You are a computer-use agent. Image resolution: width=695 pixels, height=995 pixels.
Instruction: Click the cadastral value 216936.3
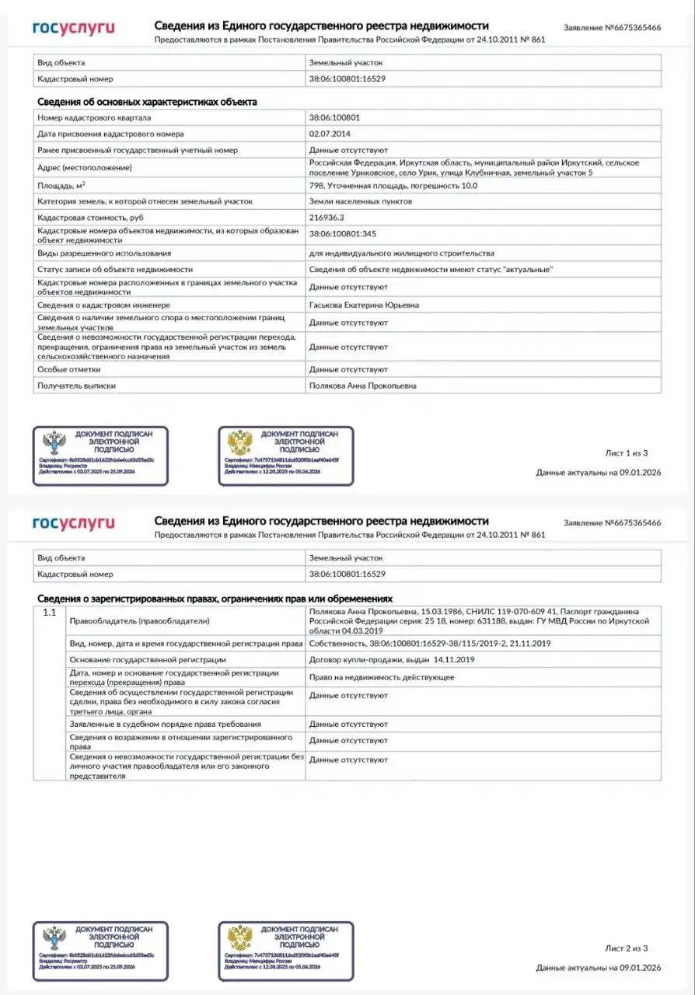pyautogui.click(x=326, y=218)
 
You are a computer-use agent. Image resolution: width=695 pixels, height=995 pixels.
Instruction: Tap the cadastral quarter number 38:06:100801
pyautogui.click(x=334, y=117)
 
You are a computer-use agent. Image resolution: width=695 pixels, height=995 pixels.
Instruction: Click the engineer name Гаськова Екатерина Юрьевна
pyautogui.click(x=364, y=305)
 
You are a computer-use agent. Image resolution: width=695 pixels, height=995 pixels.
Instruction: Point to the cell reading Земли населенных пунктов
pyautogui.click(x=361, y=201)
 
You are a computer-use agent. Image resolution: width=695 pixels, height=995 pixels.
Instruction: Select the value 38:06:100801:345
pyautogui.click(x=343, y=234)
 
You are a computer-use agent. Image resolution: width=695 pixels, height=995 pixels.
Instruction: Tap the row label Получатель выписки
pyautogui.click(x=76, y=386)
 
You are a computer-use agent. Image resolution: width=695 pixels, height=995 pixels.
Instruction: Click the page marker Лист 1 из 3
pyautogui.click(x=626, y=452)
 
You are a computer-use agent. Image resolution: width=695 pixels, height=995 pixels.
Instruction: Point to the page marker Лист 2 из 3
pyautogui.click(x=626, y=948)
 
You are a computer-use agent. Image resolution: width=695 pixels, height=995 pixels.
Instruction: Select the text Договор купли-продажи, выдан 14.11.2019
pyautogui.click(x=392, y=659)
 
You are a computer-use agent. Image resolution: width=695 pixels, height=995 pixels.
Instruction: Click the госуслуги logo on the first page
pyautogui.click(x=73, y=28)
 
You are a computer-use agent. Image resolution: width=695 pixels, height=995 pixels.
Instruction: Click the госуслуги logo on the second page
pyautogui.click(x=73, y=523)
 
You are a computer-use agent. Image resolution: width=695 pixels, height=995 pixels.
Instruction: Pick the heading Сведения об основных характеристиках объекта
pyautogui.click(x=147, y=102)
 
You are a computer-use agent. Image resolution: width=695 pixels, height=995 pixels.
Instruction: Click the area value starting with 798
pyautogui.click(x=393, y=186)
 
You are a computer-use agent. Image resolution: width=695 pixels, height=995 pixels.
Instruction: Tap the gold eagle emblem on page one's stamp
pyautogui.click(x=239, y=444)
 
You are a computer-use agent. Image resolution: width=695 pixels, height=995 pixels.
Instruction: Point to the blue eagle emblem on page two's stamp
pyautogui.click(x=54, y=939)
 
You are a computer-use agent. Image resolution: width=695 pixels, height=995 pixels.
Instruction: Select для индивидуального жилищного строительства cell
pyautogui.click(x=401, y=253)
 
